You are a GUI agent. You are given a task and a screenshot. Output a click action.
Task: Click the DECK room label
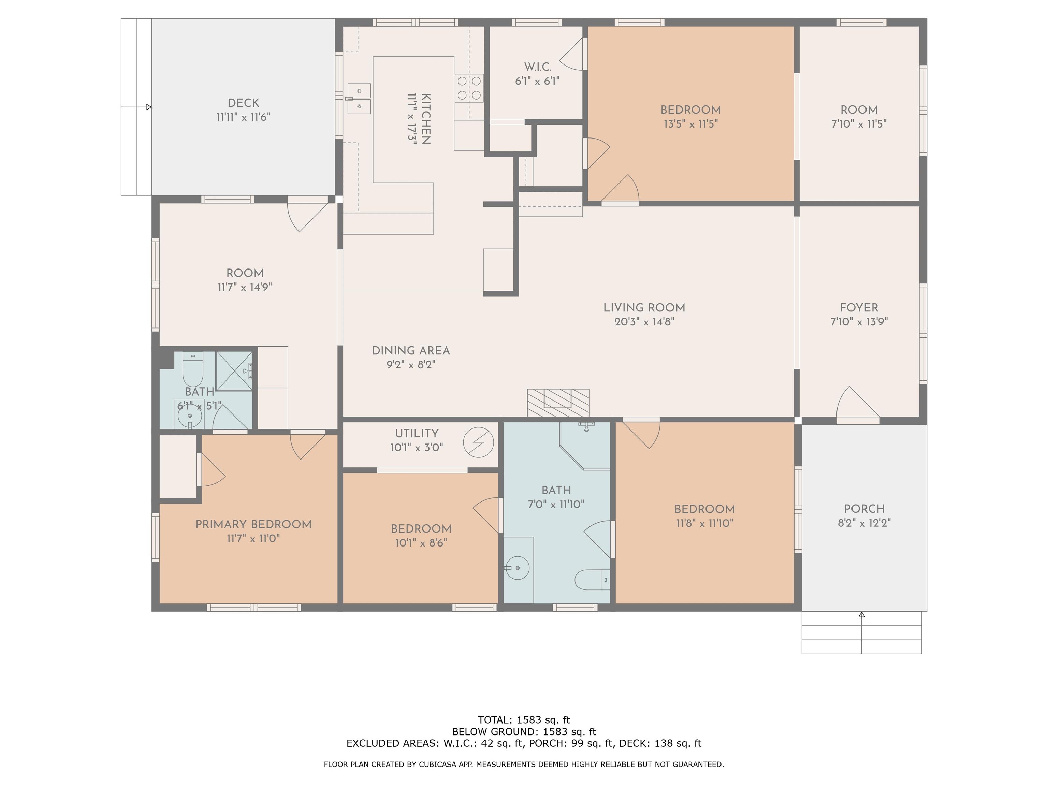244,103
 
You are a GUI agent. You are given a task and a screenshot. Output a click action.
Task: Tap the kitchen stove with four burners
469,88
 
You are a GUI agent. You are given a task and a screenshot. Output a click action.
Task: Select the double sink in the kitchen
359,99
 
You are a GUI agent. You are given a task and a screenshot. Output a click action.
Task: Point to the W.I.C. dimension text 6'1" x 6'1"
537,81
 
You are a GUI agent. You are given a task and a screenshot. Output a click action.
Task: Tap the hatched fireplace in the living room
558,403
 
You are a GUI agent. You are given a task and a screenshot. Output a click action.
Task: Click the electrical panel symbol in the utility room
479,442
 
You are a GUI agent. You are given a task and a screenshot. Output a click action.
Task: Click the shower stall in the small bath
234,370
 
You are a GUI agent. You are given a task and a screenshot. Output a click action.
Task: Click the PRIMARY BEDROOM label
253,524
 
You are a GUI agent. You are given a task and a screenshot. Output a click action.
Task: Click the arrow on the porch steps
862,633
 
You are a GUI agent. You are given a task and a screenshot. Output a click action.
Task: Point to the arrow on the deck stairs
136,107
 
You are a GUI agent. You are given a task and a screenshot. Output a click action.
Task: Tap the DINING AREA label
411,351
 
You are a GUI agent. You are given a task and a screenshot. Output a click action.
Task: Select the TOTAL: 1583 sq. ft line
524,720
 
